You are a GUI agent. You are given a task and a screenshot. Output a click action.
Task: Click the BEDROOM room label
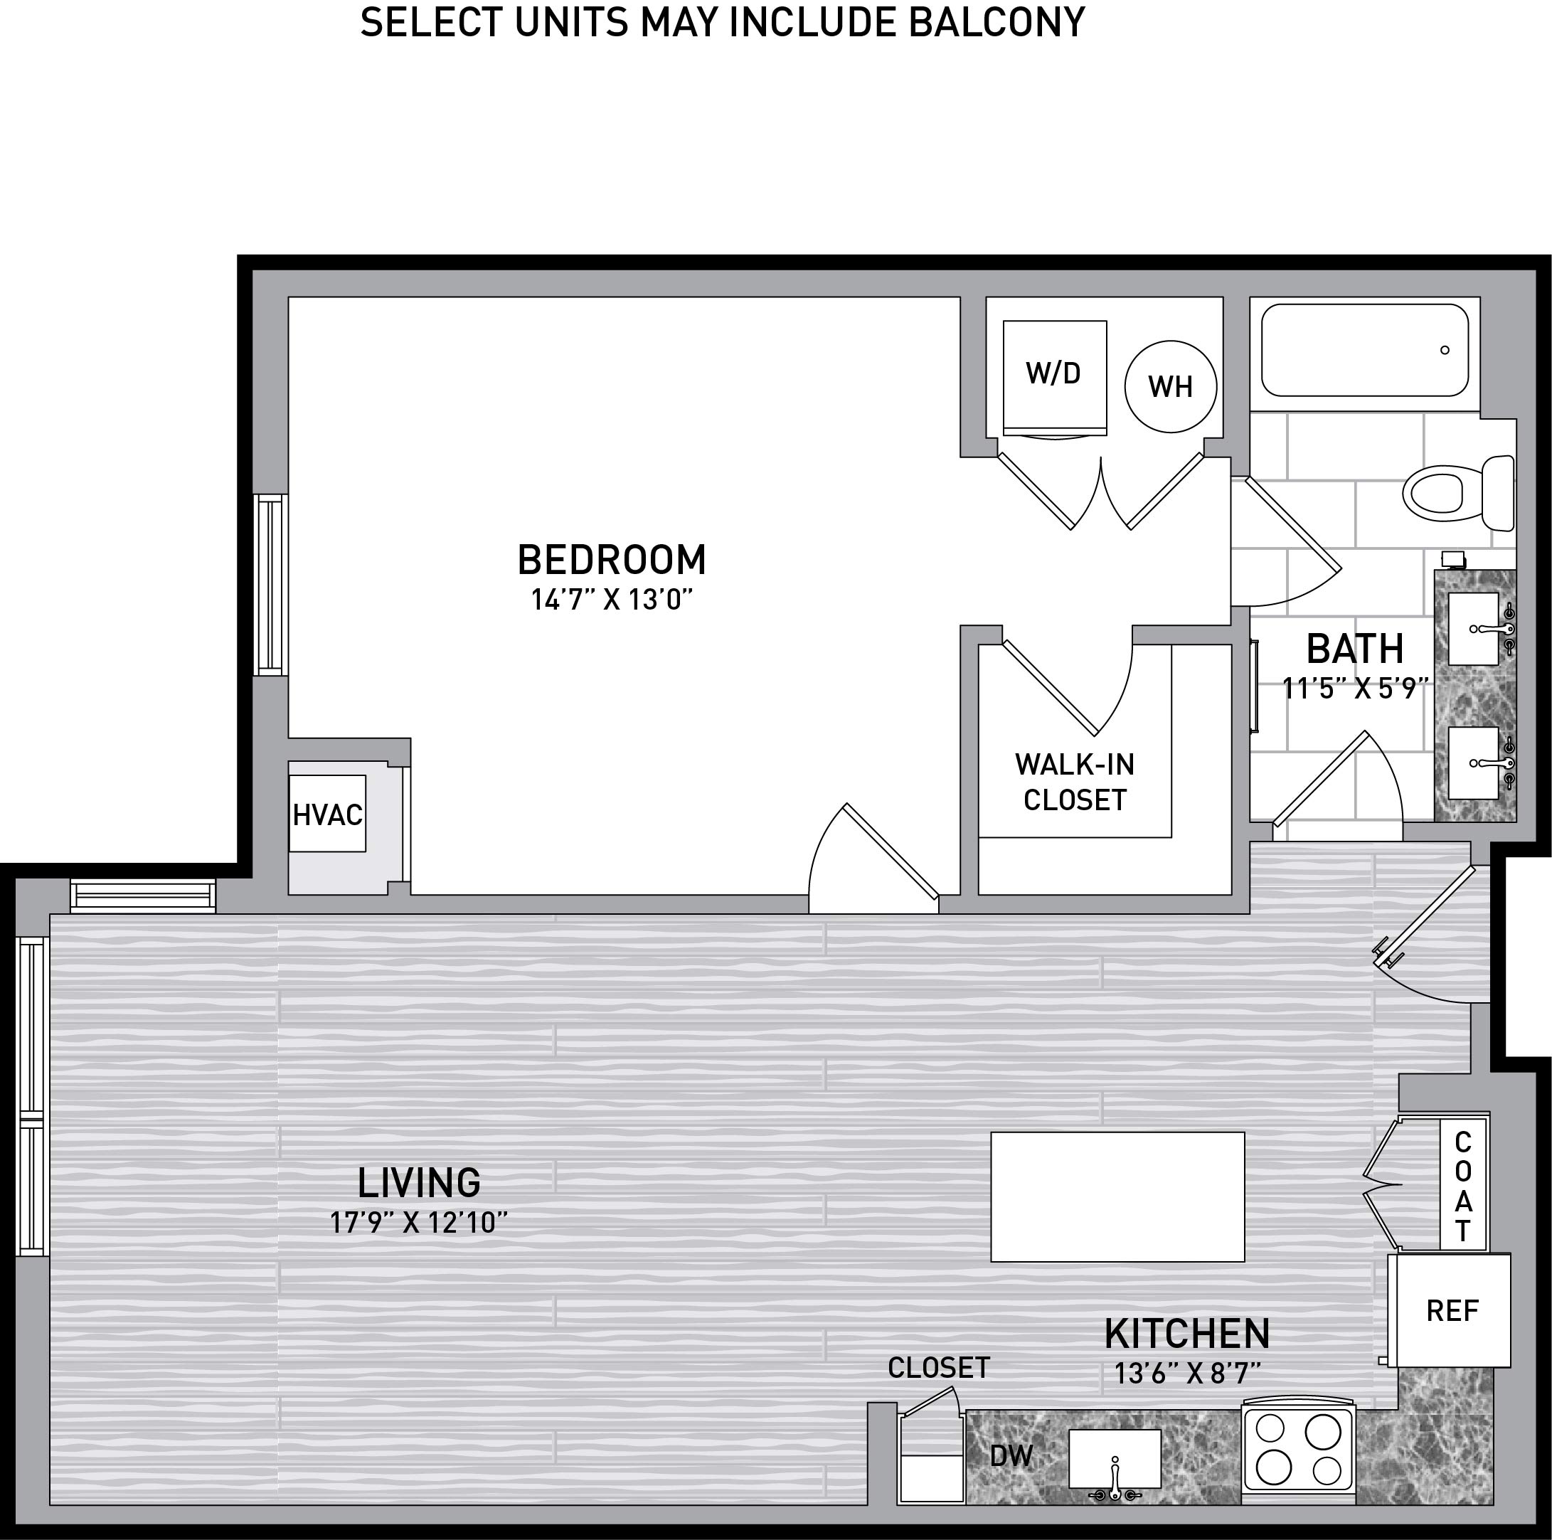[x=611, y=560]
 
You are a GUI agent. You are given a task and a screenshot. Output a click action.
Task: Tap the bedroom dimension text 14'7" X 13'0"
[x=611, y=600]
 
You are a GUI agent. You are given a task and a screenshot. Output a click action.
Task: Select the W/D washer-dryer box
[x=1054, y=378]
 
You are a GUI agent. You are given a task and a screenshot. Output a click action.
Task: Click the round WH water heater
[x=1171, y=386]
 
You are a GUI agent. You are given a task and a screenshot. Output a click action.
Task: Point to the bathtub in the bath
[x=1365, y=349]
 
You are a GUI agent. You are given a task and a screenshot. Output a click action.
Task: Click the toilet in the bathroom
[x=1458, y=493]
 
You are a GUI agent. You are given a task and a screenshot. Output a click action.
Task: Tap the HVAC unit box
[x=328, y=814]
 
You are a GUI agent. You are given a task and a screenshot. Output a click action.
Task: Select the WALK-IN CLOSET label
[x=1075, y=782]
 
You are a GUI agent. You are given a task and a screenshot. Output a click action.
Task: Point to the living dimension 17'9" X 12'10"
[x=418, y=1223]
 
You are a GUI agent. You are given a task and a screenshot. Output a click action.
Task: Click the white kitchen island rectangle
[x=1117, y=1197]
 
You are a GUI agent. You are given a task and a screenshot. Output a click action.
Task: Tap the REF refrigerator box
[x=1453, y=1311]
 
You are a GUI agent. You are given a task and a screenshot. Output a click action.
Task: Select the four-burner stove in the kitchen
[x=1299, y=1453]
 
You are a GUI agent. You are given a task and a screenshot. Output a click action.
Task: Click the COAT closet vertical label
[x=1463, y=1186]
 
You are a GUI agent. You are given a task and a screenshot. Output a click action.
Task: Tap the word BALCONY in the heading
[x=997, y=21]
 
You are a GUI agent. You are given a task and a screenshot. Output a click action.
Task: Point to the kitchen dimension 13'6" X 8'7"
[x=1187, y=1374]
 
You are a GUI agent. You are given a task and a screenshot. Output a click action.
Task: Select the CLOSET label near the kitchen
[x=938, y=1368]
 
